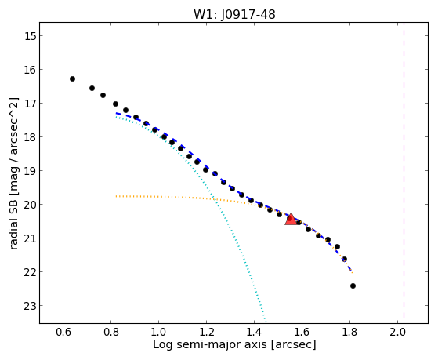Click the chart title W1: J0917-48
click(x=234, y=14)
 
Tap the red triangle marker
click(x=291, y=219)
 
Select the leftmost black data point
click(x=72, y=79)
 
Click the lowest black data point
click(x=353, y=285)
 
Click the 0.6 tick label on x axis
click(x=63, y=332)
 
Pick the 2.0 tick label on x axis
click(x=397, y=332)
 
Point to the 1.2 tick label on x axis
click(x=206, y=332)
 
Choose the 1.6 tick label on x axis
click(x=302, y=332)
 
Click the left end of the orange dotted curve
click(x=116, y=196)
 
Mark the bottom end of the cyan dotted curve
click(x=266, y=322)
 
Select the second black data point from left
click(x=92, y=89)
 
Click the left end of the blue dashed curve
click(x=117, y=113)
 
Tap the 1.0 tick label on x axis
click(x=158, y=332)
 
